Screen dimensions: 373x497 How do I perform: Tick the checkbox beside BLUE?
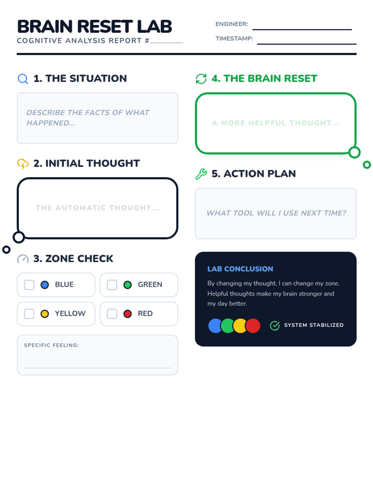point(29,285)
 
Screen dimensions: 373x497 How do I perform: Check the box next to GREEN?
point(112,285)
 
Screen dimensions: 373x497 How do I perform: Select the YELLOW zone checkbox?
point(29,313)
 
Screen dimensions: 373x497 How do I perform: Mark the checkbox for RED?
point(112,313)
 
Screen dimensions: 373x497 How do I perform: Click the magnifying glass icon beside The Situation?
point(23,79)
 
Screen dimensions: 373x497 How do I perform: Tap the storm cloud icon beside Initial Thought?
point(23,163)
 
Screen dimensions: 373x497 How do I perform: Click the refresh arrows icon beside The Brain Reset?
point(201,79)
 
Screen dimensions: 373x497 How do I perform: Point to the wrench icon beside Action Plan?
point(201,174)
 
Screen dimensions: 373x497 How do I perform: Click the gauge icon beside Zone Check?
point(23,259)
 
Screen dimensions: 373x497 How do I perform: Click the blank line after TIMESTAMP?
point(306,44)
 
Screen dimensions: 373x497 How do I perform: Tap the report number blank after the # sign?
point(166,43)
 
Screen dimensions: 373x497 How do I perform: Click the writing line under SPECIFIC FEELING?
point(97,368)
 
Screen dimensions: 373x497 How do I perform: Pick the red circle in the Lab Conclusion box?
point(253,326)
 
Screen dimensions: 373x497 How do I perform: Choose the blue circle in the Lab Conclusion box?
point(215,326)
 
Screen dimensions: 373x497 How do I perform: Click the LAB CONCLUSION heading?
point(240,269)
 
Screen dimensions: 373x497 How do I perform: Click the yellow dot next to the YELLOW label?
point(45,314)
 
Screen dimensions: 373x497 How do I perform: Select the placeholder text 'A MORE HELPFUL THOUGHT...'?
point(275,123)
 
